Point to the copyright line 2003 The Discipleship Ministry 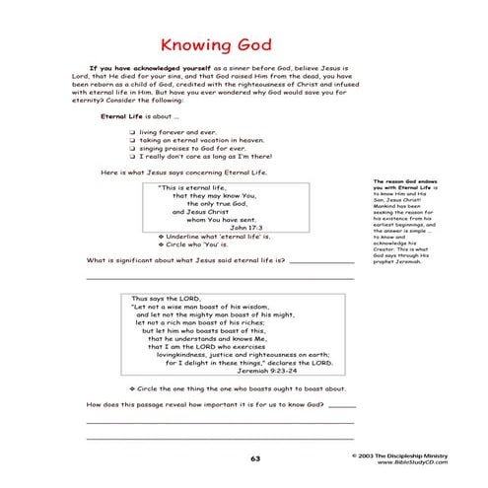click(415, 455)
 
